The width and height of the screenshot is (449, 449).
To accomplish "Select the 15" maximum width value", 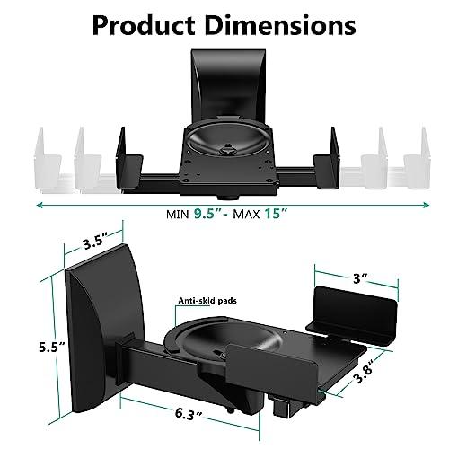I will tap(289, 214).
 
